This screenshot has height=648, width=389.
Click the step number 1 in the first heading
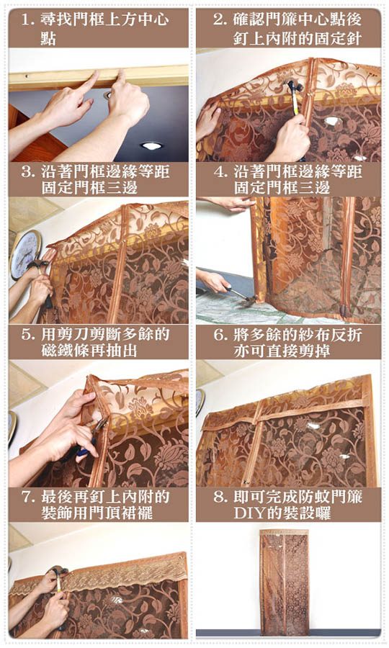[x=27, y=19]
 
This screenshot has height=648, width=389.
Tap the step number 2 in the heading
[x=218, y=19]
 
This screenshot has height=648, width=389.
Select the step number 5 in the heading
[x=26, y=334]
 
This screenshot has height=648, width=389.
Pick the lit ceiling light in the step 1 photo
[x=151, y=145]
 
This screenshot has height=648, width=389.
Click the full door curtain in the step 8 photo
[x=285, y=582]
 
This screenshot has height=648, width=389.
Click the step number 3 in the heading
[x=26, y=172]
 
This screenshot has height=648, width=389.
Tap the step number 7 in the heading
[x=26, y=497]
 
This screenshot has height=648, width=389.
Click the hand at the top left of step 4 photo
[x=231, y=203]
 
